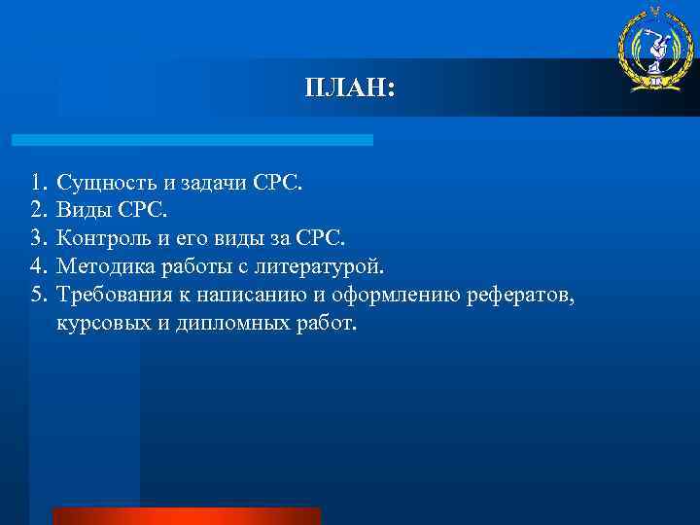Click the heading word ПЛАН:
pos(349,88)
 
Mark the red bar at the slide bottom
pos(186,516)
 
